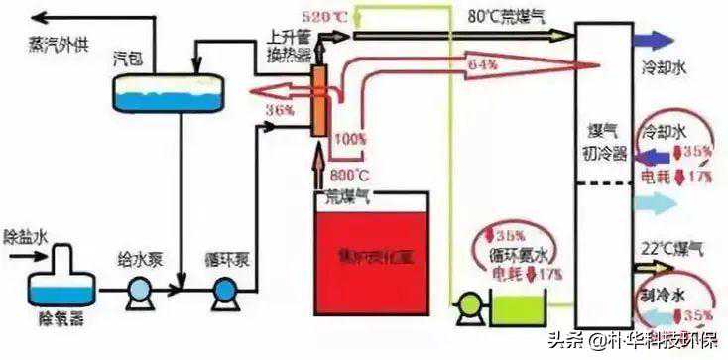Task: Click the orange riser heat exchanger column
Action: [320, 100]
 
